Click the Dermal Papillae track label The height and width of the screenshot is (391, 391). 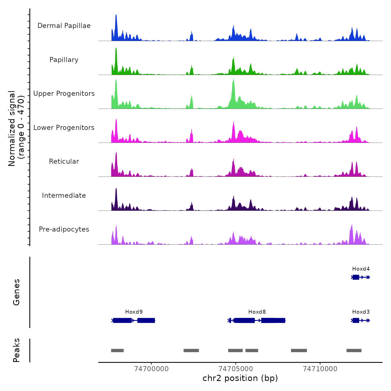(x=64, y=26)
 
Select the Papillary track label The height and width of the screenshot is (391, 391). (x=64, y=60)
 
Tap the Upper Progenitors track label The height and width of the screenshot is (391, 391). (x=64, y=94)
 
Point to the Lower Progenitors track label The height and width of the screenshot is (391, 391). (x=64, y=128)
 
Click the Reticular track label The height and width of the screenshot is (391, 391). (x=64, y=161)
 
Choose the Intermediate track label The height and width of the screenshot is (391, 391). (x=64, y=195)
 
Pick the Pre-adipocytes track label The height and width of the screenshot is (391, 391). (x=64, y=229)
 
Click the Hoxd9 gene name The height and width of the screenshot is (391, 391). (x=134, y=312)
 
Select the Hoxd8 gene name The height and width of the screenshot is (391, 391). (x=257, y=312)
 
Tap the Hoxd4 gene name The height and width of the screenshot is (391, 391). (x=361, y=269)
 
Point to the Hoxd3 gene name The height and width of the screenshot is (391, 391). (x=361, y=312)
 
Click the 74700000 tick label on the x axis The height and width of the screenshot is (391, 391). (x=151, y=369)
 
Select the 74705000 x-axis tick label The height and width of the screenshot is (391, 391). (x=236, y=369)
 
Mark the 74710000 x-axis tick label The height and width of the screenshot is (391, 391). (x=320, y=369)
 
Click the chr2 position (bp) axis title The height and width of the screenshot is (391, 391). (x=240, y=378)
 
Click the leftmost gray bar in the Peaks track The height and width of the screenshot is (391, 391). (x=117, y=351)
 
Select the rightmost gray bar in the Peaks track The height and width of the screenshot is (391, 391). (x=354, y=351)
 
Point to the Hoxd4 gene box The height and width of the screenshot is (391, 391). (x=356, y=277)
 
